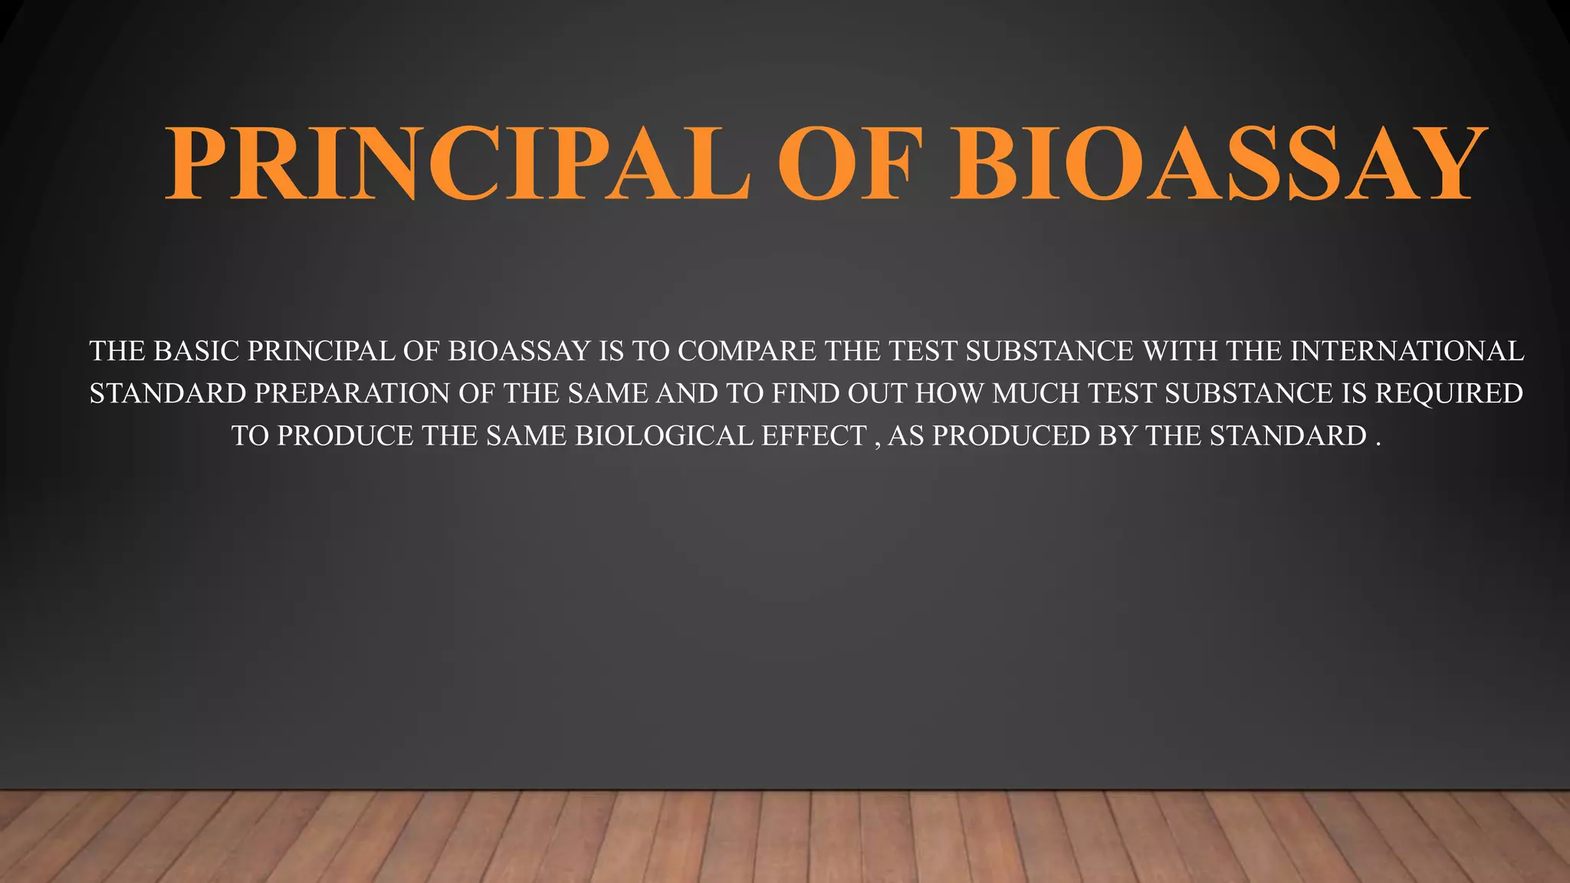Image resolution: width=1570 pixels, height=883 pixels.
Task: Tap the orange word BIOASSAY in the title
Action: click(1217, 162)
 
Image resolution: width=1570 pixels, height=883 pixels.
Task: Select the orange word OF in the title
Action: click(849, 162)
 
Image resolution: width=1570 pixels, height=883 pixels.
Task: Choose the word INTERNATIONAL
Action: click(1407, 351)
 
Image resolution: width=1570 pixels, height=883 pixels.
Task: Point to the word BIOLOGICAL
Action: click(664, 435)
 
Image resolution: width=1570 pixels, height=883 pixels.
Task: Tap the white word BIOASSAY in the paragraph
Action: click(519, 351)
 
